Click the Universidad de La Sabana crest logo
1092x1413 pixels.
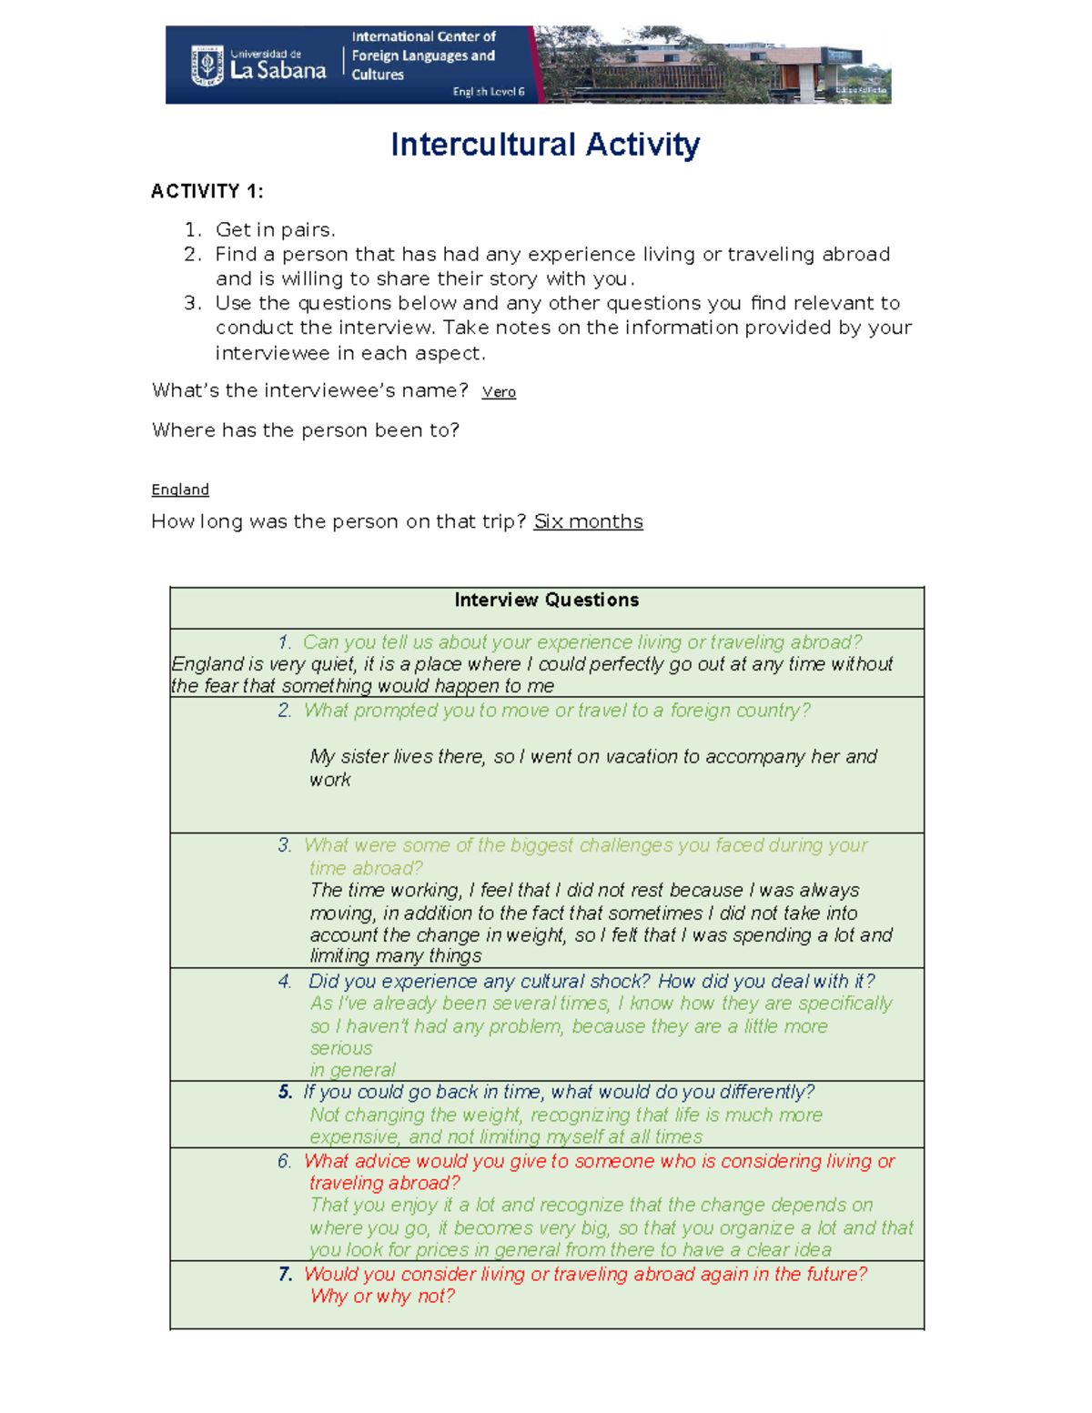[207, 66]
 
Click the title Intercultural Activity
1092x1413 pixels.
[545, 145]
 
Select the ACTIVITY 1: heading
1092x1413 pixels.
[207, 191]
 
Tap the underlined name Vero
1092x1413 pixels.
[499, 392]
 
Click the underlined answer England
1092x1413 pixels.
[180, 490]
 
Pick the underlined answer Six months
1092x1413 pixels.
[588, 521]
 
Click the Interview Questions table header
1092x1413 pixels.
[546, 601]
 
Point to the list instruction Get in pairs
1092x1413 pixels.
[275, 229]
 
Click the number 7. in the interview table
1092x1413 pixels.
[286, 1275]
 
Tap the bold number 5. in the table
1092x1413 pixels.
[286, 1093]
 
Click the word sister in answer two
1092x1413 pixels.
[365, 757]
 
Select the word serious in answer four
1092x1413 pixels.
[341, 1048]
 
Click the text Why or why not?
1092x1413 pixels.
[382, 1297]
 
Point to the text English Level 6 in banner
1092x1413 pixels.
[489, 92]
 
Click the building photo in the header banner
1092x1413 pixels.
[714, 66]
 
